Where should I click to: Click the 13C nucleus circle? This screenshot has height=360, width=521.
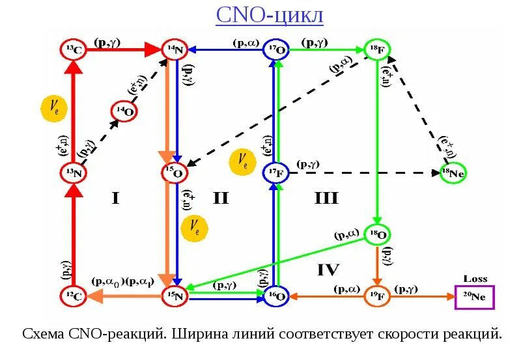coord(73,49)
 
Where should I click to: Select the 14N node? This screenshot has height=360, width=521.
coord(175,49)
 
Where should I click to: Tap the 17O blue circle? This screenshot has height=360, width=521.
coord(277,49)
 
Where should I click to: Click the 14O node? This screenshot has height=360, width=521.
coord(124,112)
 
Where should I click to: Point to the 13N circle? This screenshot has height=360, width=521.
coord(73,173)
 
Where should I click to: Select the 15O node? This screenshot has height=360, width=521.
coord(175,173)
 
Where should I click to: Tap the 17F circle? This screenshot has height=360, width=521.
coord(277,173)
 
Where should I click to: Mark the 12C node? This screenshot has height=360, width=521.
coord(73,296)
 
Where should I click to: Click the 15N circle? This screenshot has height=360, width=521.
coord(175,296)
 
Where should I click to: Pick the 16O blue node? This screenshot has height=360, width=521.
coord(277,296)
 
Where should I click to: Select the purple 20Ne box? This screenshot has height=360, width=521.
coord(475,297)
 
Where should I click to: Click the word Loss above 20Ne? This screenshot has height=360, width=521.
coord(475,279)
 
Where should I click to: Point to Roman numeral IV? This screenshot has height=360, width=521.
coord(328,268)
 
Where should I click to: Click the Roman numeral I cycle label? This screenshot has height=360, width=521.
coord(115,198)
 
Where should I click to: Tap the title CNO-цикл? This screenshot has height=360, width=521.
coord(270,14)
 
